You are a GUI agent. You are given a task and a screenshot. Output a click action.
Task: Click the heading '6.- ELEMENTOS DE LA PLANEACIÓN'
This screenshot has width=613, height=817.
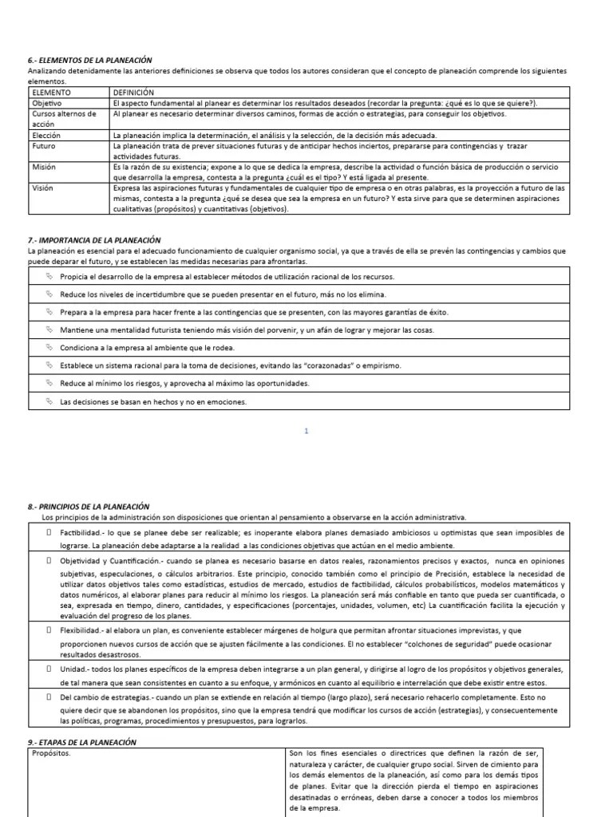(x=89, y=60)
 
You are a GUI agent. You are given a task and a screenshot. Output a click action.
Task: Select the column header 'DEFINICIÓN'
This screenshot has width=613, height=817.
(x=132, y=93)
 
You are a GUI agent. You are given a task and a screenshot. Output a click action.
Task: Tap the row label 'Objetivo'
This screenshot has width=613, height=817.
(x=46, y=103)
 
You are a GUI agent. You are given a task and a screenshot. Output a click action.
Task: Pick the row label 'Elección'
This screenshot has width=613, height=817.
(x=45, y=136)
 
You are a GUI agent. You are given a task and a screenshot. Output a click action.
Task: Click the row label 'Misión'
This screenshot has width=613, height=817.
(x=44, y=168)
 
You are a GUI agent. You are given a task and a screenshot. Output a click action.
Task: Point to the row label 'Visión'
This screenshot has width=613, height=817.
(x=43, y=188)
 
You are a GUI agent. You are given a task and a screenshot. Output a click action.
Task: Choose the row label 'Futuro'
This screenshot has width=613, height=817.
(x=44, y=147)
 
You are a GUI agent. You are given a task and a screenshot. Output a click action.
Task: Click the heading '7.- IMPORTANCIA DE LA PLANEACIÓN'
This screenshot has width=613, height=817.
(x=94, y=240)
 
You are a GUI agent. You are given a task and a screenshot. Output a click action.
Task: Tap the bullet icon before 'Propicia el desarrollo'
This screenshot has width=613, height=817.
(x=49, y=277)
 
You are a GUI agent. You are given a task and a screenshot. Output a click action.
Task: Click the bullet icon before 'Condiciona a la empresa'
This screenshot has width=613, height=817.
(x=49, y=347)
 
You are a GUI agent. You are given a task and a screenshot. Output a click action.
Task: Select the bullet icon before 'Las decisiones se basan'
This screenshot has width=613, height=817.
(x=49, y=401)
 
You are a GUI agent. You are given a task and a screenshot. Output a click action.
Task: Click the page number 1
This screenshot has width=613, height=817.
(x=306, y=431)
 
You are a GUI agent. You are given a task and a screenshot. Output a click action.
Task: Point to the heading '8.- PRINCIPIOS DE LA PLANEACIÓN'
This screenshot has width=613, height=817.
(x=89, y=506)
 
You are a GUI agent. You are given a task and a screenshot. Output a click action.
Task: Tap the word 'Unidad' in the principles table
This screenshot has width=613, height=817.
(x=73, y=669)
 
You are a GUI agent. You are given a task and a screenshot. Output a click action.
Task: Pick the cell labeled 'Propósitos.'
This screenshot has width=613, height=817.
(x=49, y=752)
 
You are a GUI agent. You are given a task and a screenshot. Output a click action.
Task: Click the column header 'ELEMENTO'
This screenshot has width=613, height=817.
(x=51, y=93)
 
